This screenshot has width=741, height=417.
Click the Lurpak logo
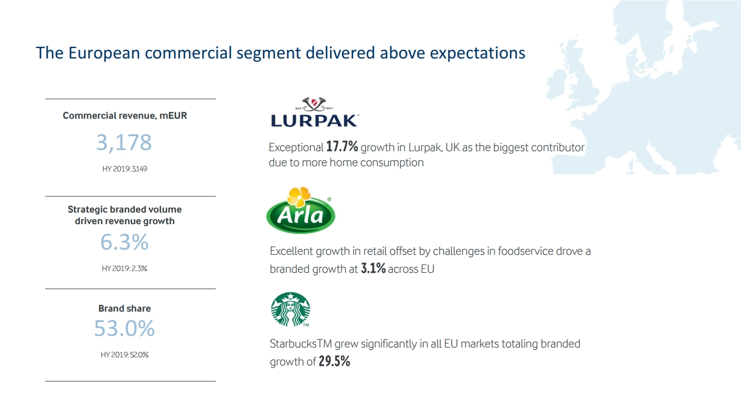[x=315, y=112]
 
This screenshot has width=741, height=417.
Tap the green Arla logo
[x=300, y=210]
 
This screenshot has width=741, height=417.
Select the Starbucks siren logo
[x=291, y=309]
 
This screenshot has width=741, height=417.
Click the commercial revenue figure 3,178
[x=124, y=142]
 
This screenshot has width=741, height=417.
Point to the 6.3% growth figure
[x=124, y=242]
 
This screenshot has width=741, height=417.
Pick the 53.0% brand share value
[x=124, y=328]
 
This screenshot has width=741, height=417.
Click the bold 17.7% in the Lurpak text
[x=342, y=147]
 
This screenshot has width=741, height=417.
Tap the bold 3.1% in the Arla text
[x=373, y=268]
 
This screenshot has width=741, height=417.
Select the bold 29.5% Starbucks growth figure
[x=335, y=361]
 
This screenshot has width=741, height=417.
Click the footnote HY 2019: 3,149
[x=124, y=169]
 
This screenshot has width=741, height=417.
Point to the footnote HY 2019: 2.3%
[x=124, y=268]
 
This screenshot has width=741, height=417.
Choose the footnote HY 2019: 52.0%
[x=124, y=355]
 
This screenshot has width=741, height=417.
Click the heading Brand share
[x=124, y=309]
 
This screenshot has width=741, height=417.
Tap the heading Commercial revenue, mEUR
[x=124, y=115]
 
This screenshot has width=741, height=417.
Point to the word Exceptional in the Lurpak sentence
[x=296, y=147]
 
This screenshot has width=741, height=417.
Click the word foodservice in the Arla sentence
[x=525, y=251]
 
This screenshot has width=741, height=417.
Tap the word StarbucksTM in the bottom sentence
[x=300, y=343]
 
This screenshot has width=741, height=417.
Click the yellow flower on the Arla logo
[x=299, y=196]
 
